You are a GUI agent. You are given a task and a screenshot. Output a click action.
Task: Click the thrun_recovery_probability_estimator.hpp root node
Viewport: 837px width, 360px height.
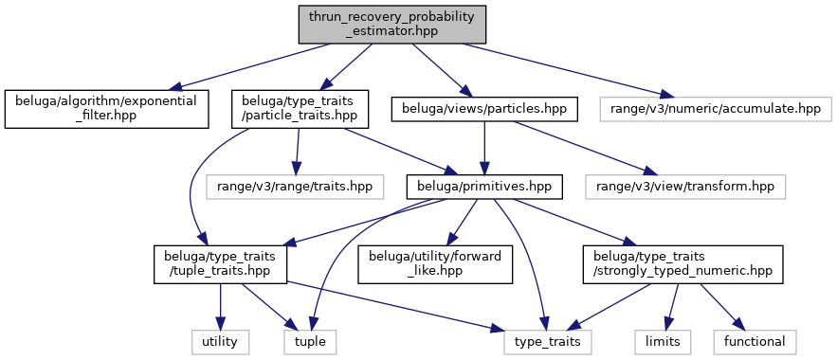pyautogui.click(x=392, y=25)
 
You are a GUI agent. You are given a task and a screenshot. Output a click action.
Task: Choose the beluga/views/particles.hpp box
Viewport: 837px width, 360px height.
pyautogui.click(x=484, y=109)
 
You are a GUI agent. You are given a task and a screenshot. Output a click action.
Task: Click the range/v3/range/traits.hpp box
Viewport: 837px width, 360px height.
pyautogui.click(x=295, y=187)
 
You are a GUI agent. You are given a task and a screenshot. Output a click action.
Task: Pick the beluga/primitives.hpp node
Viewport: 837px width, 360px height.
pyautogui.click(x=484, y=187)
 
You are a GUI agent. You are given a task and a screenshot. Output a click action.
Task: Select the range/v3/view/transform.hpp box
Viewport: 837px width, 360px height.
pyautogui.click(x=685, y=187)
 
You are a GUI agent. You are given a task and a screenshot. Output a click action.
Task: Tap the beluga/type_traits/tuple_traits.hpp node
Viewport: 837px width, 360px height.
pyautogui.click(x=221, y=264)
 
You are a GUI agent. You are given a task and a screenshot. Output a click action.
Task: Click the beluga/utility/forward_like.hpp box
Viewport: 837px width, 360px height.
pyautogui.click(x=436, y=264)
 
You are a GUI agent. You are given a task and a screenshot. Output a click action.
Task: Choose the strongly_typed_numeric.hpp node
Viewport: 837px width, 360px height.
pyautogui.click(x=682, y=264)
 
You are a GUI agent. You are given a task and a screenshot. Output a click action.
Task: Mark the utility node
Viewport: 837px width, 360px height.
pyautogui.click(x=220, y=341)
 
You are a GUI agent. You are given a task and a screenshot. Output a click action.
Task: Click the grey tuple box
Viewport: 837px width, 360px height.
pyautogui.click(x=310, y=341)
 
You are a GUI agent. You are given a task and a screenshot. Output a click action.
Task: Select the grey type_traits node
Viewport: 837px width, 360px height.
pyautogui.click(x=548, y=341)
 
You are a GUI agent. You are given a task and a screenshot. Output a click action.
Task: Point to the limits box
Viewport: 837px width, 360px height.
pyautogui.click(x=663, y=341)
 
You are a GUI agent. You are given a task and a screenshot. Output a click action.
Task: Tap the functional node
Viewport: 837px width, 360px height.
pyautogui.click(x=755, y=341)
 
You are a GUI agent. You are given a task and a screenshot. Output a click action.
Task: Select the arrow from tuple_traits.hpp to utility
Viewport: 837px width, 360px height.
pyautogui.click(x=221, y=306)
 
